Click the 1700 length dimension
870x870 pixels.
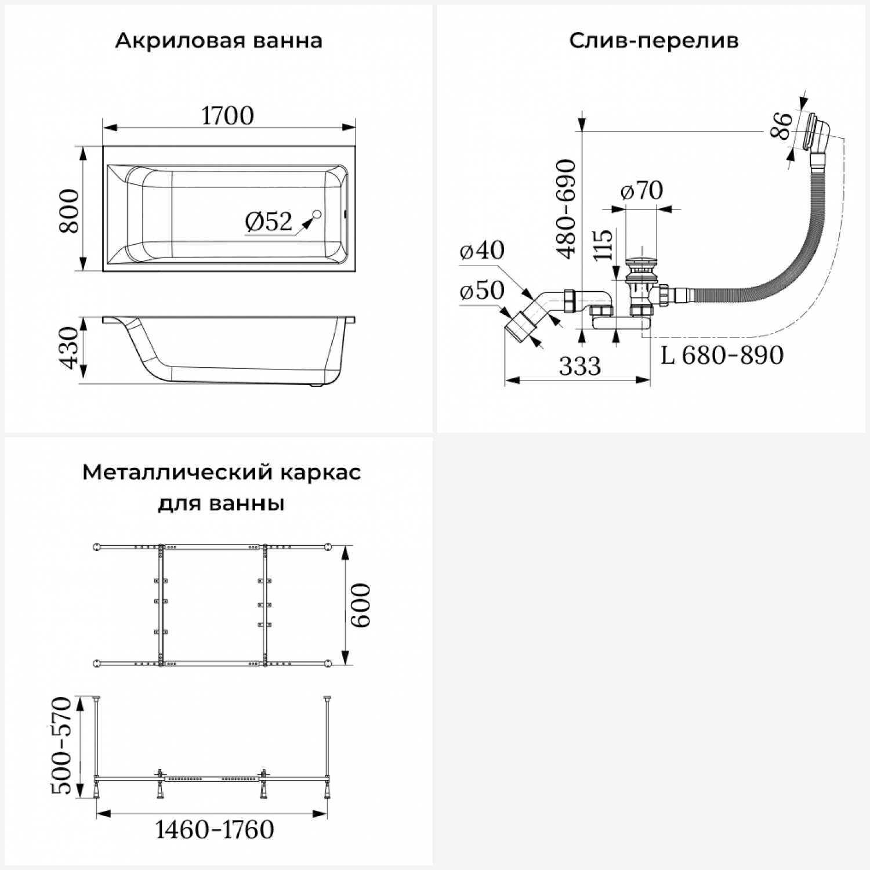228,115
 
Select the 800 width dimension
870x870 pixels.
69,210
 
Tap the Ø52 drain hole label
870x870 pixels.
269,222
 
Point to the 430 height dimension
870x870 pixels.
69,348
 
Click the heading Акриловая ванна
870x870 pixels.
219,41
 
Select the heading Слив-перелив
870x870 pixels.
654,41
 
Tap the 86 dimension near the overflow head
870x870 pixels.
781,125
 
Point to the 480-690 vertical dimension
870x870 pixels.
566,209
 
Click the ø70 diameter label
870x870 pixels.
641,190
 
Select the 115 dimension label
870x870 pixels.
603,245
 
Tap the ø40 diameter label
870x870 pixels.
482,250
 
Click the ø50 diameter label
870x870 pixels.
482,290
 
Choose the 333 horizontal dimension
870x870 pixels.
579,366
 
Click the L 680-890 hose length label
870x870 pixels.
722,355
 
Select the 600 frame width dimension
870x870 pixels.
360,605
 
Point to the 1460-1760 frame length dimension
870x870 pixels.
215,830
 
